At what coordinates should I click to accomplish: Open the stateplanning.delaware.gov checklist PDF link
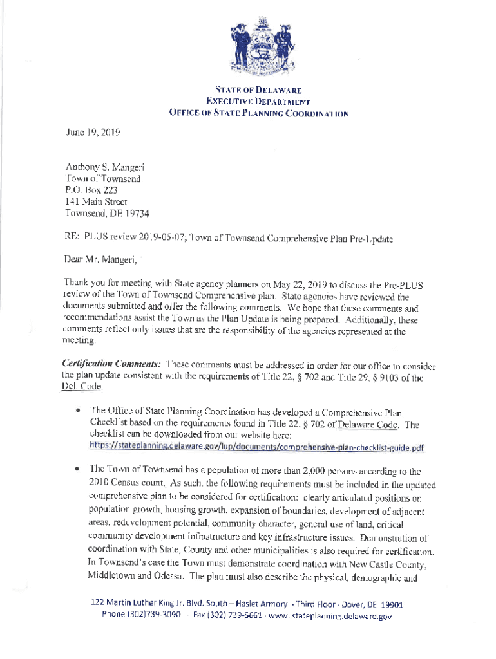(x=256, y=448)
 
